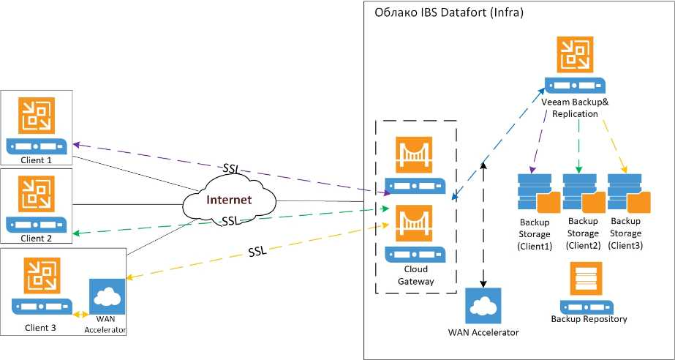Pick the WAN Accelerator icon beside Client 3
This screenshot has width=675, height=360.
(107, 296)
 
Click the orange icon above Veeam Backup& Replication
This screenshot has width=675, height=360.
(578, 55)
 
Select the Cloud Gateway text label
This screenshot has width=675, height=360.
(412, 275)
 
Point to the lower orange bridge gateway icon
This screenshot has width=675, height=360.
(413, 223)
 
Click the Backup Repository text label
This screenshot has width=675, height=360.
(589, 319)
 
